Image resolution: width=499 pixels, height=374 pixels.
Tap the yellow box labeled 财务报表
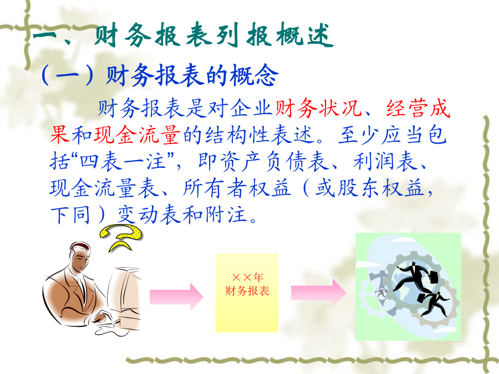tap(247, 293)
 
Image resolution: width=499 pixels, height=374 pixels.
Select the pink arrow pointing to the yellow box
tap(177, 297)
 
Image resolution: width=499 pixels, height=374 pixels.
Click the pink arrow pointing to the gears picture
tap(319, 293)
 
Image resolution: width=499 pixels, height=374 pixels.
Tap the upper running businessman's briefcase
tap(433, 276)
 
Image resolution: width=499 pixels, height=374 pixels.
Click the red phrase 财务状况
tap(318, 108)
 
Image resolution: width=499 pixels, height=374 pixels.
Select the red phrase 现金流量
tap(137, 135)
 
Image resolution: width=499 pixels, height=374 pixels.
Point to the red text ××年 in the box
tap(248, 278)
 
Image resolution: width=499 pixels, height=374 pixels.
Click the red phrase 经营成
tap(418, 108)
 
